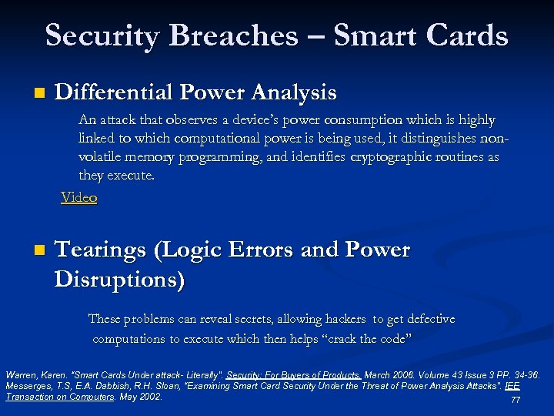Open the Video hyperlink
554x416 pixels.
coord(79,197)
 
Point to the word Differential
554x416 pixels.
coord(114,92)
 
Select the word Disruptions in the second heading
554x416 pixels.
coord(119,279)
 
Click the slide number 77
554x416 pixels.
coord(516,401)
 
